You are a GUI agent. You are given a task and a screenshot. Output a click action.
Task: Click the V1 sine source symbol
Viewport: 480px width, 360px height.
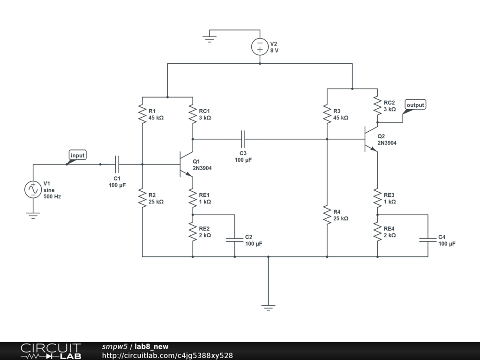(x=33, y=189)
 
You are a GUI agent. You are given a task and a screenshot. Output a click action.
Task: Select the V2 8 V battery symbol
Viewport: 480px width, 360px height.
(x=260, y=47)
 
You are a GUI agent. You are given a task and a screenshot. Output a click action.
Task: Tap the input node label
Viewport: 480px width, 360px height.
(x=77, y=155)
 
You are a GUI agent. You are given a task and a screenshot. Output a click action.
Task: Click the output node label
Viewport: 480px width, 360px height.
(x=415, y=105)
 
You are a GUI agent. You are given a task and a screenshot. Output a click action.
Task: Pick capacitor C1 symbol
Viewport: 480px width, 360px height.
(x=117, y=165)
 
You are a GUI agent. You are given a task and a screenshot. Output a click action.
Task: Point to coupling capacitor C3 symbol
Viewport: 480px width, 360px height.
(x=243, y=139)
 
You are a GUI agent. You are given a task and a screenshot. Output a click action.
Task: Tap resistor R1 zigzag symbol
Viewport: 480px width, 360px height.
(x=142, y=114)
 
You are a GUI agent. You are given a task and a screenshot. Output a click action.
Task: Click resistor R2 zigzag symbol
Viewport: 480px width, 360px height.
(x=142, y=198)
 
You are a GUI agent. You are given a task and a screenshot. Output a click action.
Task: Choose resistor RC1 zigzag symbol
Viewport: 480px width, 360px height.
(x=193, y=114)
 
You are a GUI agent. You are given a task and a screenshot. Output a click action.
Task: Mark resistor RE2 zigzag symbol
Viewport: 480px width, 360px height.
(x=193, y=232)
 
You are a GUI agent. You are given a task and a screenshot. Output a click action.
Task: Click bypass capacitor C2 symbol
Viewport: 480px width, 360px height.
(x=235, y=240)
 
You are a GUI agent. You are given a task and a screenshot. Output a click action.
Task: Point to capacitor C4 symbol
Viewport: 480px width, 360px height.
(x=428, y=240)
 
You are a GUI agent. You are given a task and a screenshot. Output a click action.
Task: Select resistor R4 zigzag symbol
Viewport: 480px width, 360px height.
(x=327, y=215)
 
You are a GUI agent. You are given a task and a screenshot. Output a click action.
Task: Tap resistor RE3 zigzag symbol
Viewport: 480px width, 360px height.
(x=377, y=198)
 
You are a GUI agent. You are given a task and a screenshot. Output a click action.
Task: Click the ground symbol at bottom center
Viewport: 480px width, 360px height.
(x=268, y=307)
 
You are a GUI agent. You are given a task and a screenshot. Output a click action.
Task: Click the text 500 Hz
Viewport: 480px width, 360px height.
(x=52, y=196)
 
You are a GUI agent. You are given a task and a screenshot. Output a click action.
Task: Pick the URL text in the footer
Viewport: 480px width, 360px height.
(x=167, y=355)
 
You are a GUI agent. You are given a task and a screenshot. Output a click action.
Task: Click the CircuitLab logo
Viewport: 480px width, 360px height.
(x=51, y=351)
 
